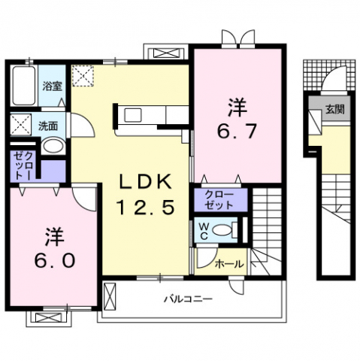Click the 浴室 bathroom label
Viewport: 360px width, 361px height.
tap(51, 86)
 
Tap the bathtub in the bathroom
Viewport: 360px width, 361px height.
tap(23, 86)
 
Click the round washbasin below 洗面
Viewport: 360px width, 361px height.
tap(50, 147)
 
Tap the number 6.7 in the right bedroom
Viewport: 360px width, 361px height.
tap(238, 130)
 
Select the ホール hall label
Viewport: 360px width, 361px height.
tap(228, 264)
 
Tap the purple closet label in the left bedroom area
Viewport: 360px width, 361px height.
tap(21, 164)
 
